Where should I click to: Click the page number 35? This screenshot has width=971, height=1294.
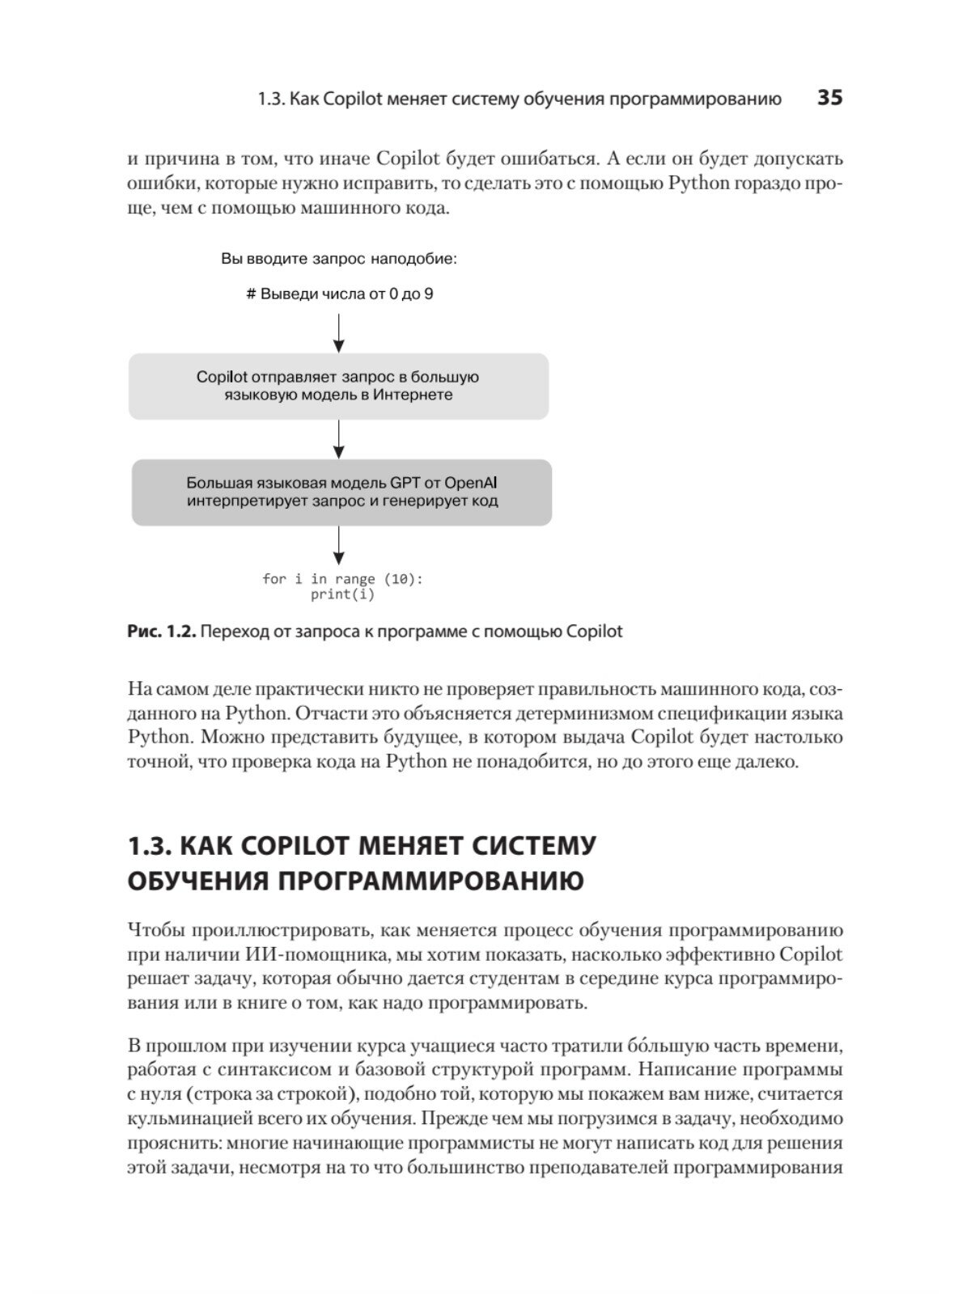(830, 98)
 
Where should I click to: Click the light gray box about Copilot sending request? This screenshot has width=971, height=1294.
(338, 387)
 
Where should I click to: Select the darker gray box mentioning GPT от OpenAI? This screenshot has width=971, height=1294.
(341, 493)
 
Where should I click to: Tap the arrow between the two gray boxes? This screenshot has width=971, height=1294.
(339, 439)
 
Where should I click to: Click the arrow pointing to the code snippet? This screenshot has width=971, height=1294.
(339, 546)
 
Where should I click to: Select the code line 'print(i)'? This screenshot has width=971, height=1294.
(342, 594)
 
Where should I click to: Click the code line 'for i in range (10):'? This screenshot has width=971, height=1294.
(342, 579)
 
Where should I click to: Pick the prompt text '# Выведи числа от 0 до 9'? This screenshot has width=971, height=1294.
(339, 294)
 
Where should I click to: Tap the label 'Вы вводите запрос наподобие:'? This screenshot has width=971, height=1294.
(339, 260)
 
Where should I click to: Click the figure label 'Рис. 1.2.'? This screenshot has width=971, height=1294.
(162, 632)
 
